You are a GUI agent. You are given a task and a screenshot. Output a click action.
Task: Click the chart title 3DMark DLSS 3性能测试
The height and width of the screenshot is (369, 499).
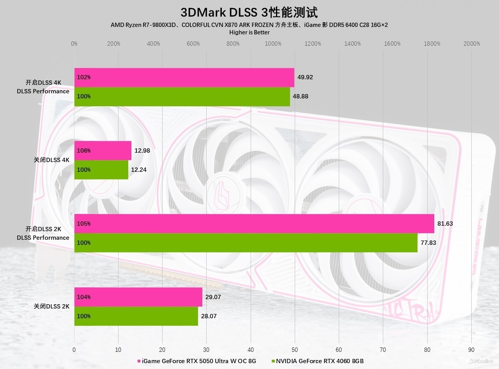coord(249,12)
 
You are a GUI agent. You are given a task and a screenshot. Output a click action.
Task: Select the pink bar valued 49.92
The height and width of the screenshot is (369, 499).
coord(184,77)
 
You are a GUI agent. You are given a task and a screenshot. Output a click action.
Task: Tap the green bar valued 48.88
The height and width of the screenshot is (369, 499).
coord(182,96)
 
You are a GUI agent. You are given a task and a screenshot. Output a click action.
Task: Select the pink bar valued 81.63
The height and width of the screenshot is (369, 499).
coord(254,224)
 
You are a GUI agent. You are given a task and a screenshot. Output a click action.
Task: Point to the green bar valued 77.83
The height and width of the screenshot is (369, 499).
coord(246,243)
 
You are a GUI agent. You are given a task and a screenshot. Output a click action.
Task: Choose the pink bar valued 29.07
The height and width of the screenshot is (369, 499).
coord(138,297)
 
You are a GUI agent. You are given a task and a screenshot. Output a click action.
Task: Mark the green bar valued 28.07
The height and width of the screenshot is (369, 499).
coord(136,316)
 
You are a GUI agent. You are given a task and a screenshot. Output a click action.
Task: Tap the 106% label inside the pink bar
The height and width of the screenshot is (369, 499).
coord(84,151)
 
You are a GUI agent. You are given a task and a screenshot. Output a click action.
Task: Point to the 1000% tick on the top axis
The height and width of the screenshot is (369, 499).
coord(273,44)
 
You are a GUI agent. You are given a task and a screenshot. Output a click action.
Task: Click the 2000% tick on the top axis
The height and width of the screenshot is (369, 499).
coord(472,44)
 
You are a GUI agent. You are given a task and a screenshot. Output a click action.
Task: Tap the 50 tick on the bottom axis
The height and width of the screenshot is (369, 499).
coord(295,350)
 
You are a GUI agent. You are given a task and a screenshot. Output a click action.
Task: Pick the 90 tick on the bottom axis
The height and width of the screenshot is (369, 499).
coord(471,350)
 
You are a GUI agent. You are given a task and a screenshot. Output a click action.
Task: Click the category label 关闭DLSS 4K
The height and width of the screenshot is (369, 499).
coord(51,160)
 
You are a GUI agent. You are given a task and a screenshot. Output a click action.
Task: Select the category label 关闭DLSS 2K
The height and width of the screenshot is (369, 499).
coord(51,307)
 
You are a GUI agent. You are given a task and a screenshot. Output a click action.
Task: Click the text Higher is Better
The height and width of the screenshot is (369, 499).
coord(249,32)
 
